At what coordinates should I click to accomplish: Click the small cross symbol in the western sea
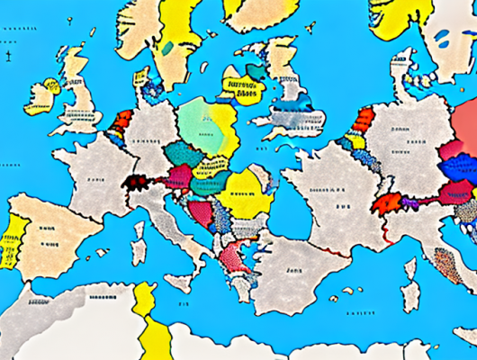coord(7,59)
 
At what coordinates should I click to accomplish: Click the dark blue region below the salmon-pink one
coord(458,166)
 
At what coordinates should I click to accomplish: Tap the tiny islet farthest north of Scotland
coord(93,32)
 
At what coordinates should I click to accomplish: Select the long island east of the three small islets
coord(410,298)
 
